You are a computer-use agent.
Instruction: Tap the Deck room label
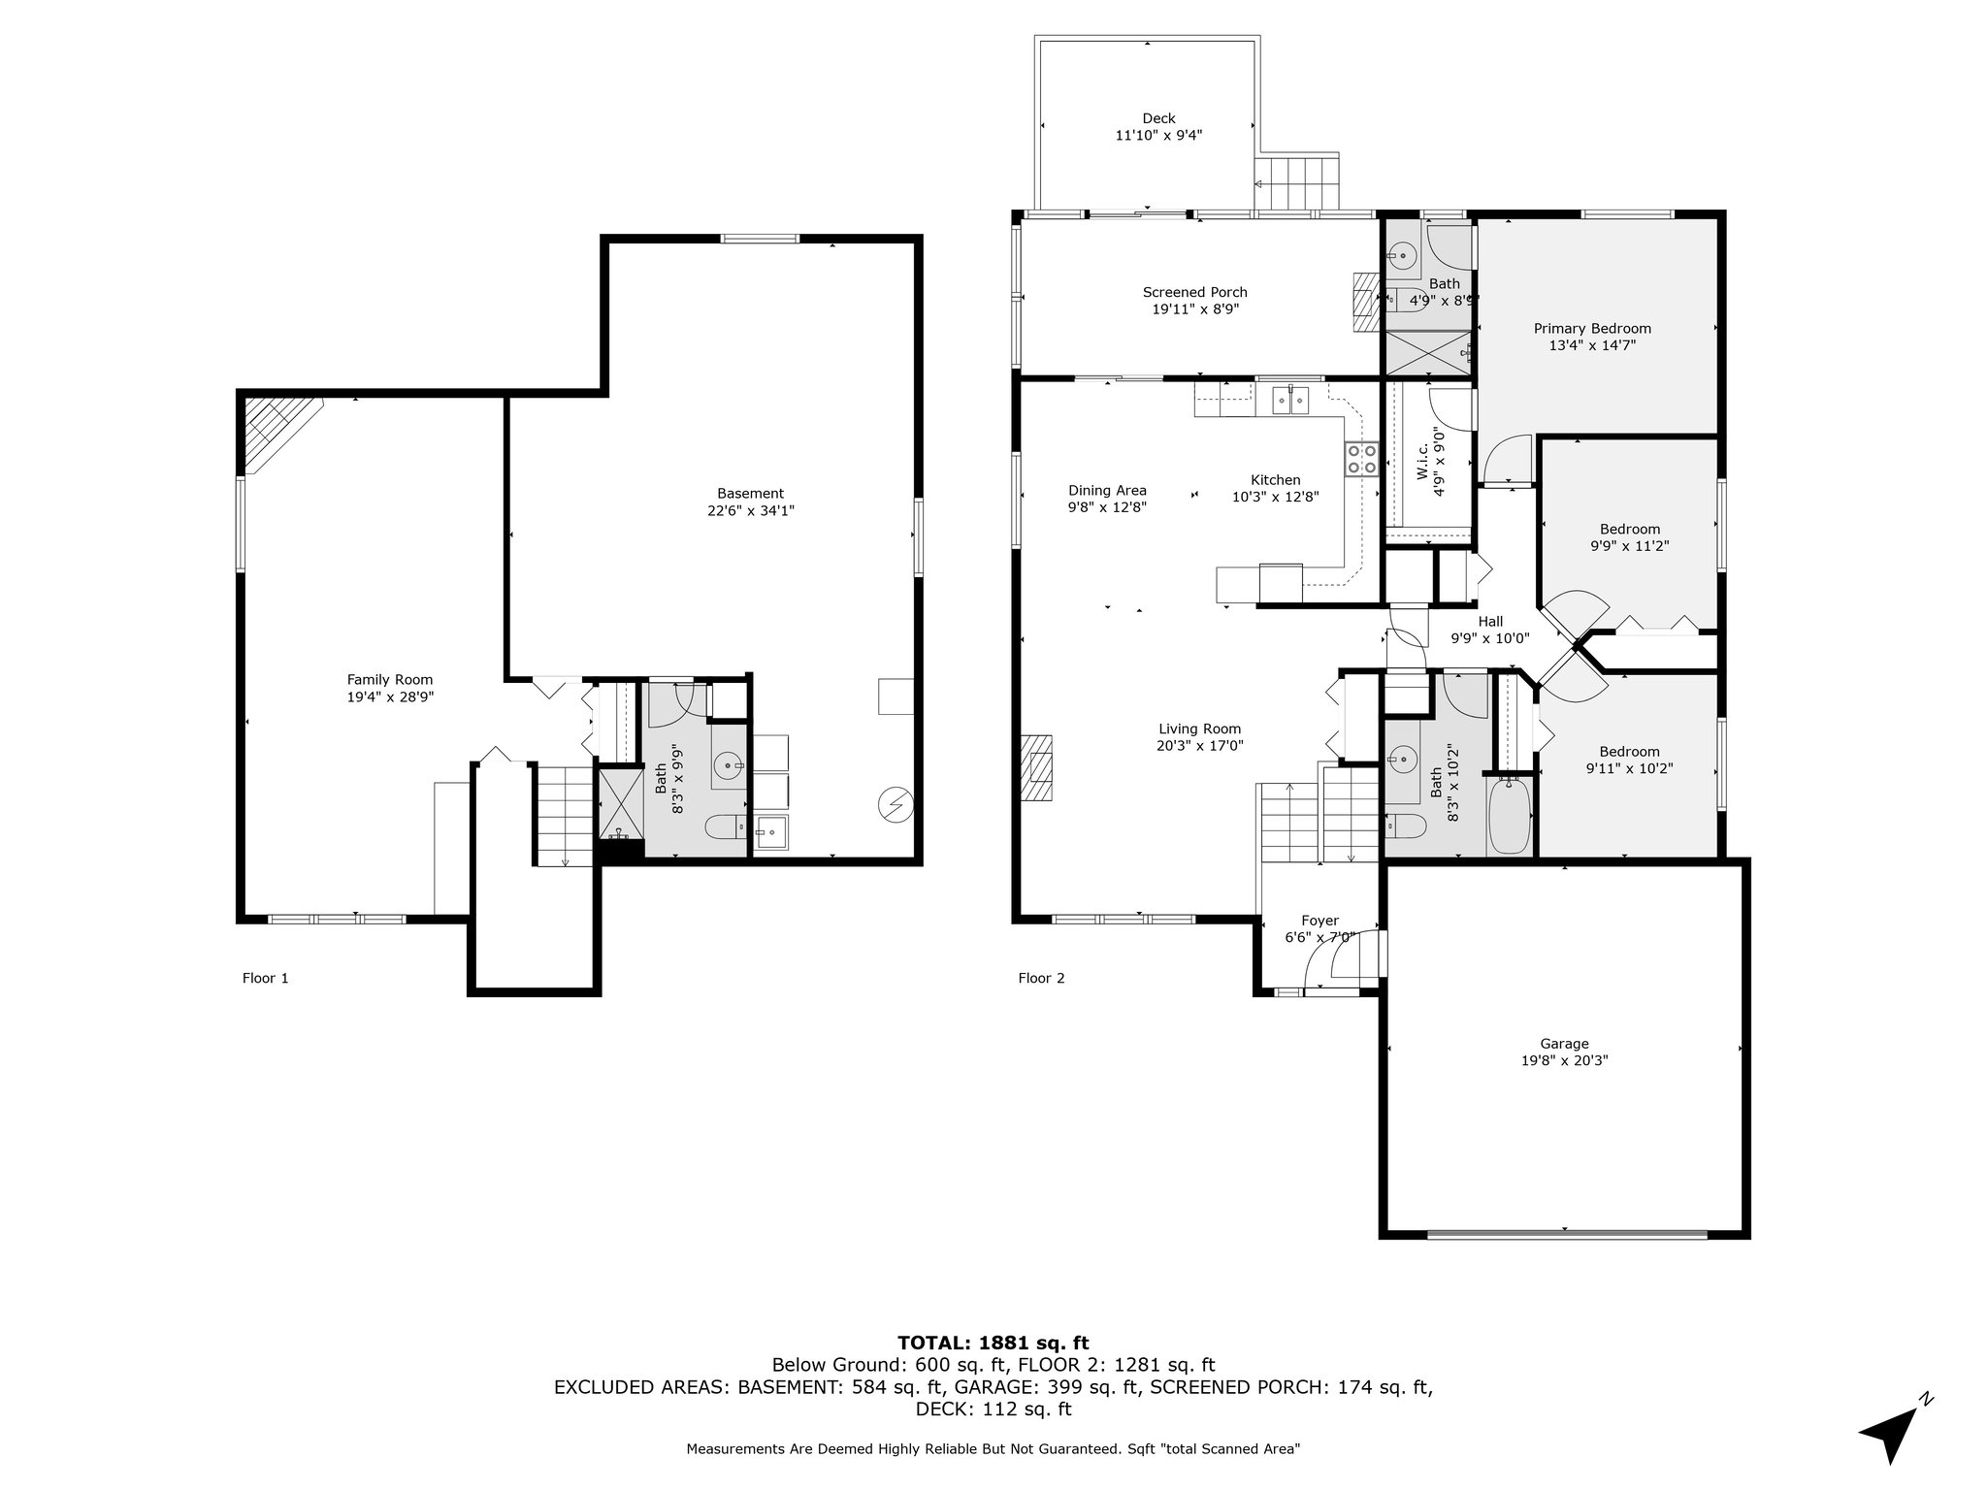click(1158, 118)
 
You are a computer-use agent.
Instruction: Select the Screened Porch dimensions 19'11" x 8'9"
click(1195, 309)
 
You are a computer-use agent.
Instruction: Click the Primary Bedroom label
click(1592, 328)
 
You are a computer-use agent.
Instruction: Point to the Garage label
click(1564, 1044)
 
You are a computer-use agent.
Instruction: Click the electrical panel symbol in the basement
click(896, 805)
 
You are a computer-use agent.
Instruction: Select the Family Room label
click(390, 680)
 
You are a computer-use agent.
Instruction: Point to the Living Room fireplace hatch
click(1037, 767)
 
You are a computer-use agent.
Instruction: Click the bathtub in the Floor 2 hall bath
click(1509, 817)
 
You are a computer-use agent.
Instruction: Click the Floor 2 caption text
click(1041, 978)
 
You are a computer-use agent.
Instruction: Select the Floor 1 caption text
click(265, 978)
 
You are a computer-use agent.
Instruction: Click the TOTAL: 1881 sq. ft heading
click(993, 1343)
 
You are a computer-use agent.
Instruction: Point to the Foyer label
click(1319, 921)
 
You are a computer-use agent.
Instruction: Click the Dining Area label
click(1107, 490)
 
